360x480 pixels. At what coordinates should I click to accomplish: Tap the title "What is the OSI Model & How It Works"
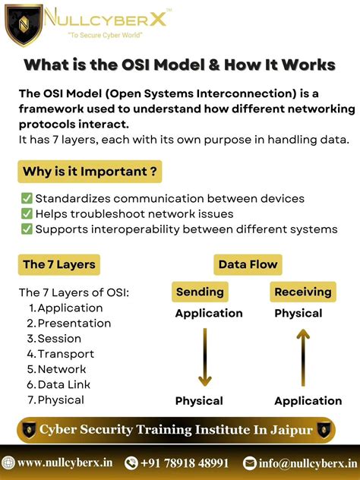pos(180,65)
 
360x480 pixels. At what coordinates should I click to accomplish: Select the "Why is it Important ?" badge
pos(90,172)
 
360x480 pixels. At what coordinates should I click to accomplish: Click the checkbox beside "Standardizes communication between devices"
pos(27,199)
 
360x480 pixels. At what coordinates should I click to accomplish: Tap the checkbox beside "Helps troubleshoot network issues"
pos(27,214)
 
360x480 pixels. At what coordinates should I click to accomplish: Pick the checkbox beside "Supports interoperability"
pos(27,229)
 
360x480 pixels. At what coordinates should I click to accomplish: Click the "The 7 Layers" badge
pos(59,264)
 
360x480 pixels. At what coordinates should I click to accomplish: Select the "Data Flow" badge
pos(248,264)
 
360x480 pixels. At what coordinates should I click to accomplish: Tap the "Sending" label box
pos(200,292)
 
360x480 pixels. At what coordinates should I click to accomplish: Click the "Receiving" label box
pos(303,292)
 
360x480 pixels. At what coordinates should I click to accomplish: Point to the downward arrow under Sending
pos(204,357)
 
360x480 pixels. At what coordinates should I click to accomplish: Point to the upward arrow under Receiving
pos(303,357)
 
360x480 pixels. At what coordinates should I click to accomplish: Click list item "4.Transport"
pos(61,354)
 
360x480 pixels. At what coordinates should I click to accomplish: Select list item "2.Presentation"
pos(69,323)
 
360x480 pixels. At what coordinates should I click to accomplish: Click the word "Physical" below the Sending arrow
pos(199,401)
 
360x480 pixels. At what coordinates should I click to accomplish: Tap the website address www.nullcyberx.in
pos(65,463)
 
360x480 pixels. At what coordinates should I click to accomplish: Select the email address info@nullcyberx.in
pos(307,463)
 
